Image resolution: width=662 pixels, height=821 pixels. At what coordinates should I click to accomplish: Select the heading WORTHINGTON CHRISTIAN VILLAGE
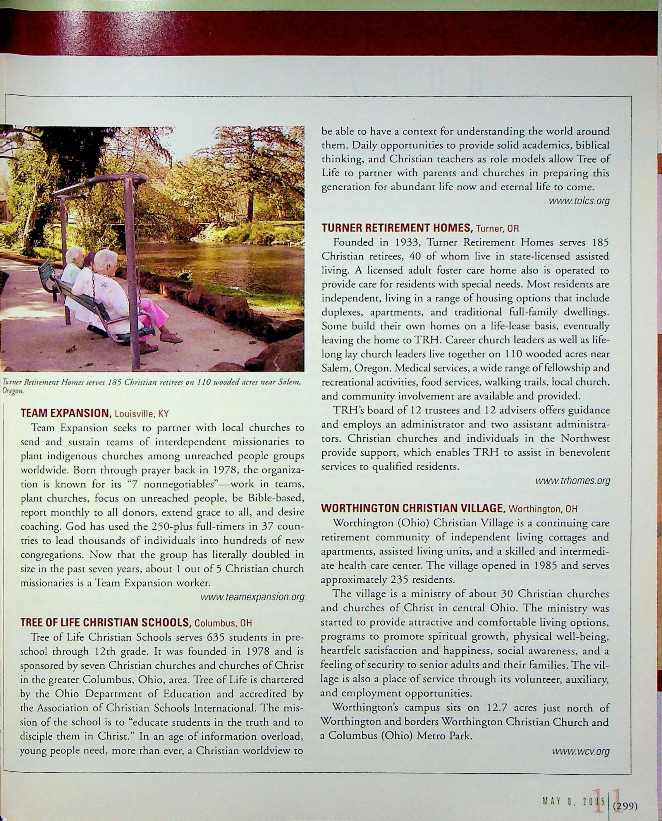click(413, 508)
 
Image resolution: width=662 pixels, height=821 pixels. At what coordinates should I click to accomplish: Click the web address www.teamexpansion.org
click(252, 597)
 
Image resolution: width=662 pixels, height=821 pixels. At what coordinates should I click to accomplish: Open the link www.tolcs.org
click(579, 201)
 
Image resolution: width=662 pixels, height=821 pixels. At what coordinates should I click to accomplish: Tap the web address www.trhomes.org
click(573, 481)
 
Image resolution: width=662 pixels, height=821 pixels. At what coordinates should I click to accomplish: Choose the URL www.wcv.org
click(580, 752)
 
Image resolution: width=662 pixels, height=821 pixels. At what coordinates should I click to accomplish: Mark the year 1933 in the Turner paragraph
click(407, 242)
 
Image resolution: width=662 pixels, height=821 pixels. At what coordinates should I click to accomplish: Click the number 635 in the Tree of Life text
click(217, 637)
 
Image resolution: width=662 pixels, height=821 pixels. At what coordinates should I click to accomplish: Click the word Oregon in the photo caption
click(12, 391)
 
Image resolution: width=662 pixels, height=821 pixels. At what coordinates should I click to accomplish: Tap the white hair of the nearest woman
click(105, 259)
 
